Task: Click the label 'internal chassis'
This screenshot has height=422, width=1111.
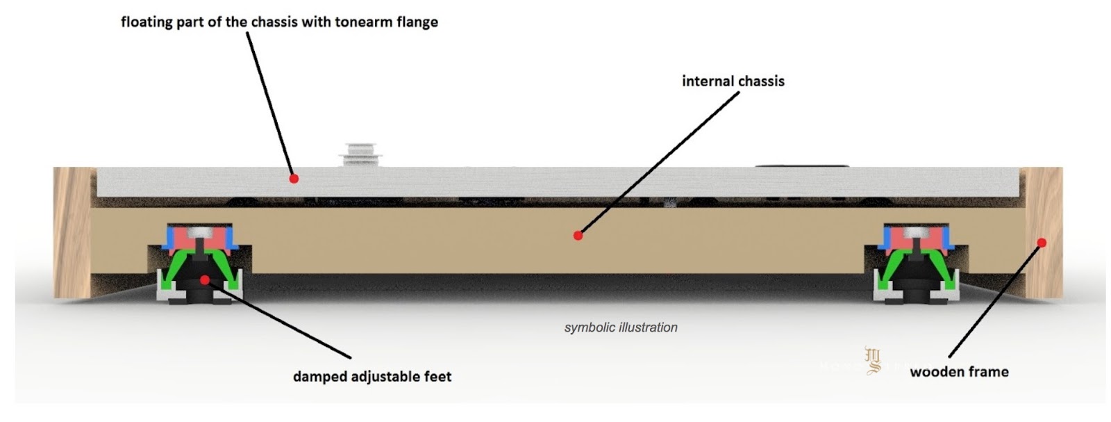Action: (x=733, y=81)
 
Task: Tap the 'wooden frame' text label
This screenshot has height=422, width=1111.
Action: (x=959, y=372)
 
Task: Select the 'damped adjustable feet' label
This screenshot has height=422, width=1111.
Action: (x=371, y=377)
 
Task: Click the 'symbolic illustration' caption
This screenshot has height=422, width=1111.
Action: (x=620, y=327)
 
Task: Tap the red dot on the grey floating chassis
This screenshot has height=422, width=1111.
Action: (x=294, y=179)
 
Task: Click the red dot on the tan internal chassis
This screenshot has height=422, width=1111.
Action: (x=578, y=236)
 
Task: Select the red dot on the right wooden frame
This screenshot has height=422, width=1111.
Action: (x=1042, y=242)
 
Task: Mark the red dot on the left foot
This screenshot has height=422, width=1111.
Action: (x=204, y=279)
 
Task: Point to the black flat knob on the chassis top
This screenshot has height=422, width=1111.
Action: (x=802, y=166)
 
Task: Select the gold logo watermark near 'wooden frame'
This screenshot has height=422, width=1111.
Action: (x=873, y=360)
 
